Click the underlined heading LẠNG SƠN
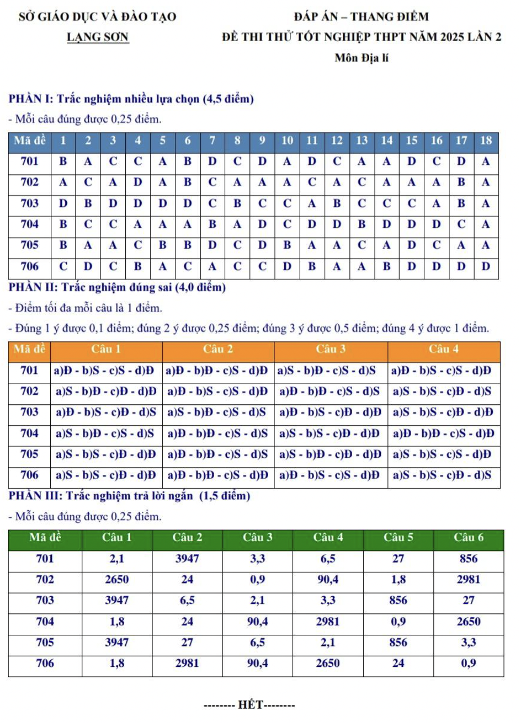point(97,37)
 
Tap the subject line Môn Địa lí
point(361,58)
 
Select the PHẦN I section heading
point(131,99)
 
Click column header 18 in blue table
point(485,141)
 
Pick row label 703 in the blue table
point(29,203)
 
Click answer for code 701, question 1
point(63,161)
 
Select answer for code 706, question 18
point(485,266)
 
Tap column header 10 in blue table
point(287,141)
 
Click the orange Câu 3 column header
point(330,349)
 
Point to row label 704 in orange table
point(29,433)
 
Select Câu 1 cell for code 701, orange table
point(104,371)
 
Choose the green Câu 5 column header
point(398,537)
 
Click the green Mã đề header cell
point(45,537)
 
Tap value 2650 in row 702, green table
point(117,580)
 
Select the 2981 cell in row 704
point(327,621)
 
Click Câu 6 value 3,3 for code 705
point(468,642)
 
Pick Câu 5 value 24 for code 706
point(398,663)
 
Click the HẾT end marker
point(249,705)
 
